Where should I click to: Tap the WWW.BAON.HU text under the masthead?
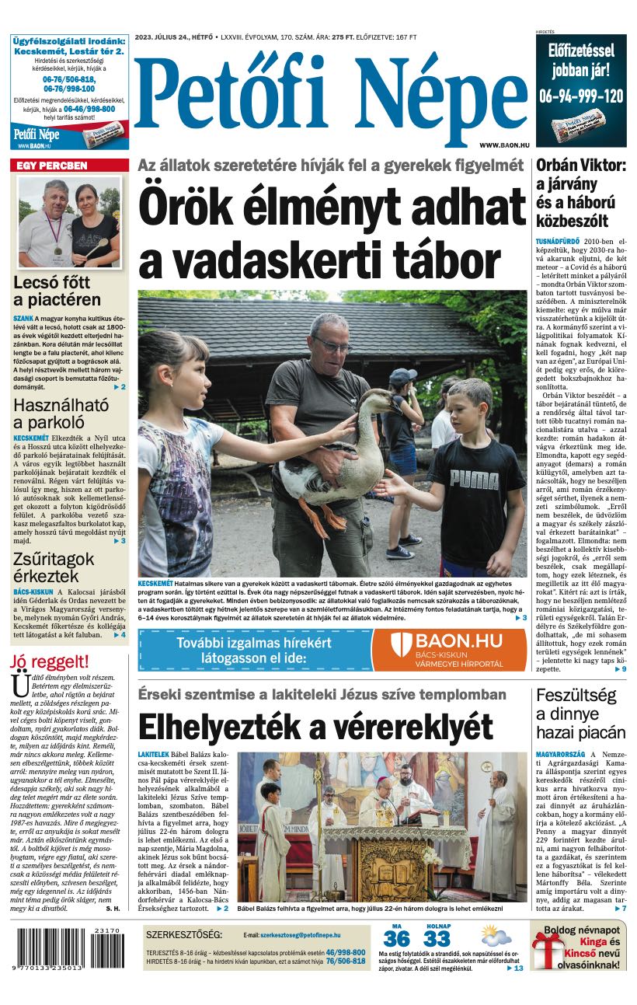pos(504,145)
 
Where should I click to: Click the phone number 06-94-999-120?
pos(581,96)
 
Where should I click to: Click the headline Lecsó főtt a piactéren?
pos(57,291)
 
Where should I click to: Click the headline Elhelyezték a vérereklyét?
pos(315,728)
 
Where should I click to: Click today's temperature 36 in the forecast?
pos(396,939)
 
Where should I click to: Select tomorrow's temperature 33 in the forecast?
pos(437,939)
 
